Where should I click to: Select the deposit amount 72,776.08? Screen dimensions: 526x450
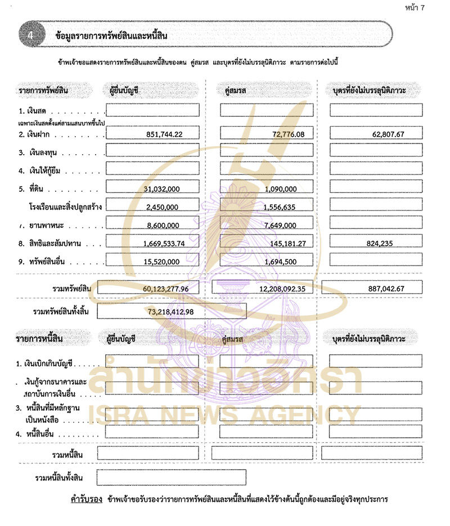tap(280, 134)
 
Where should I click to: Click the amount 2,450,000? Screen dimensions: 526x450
tap(162, 208)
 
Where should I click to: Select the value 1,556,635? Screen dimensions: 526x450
tap(280, 208)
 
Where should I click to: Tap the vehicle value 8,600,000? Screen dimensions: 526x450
tap(162, 226)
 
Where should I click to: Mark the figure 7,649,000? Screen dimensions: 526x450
tap(280, 226)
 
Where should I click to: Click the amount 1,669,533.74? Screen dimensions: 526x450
tap(162, 244)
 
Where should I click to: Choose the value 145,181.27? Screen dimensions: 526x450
tap(280, 244)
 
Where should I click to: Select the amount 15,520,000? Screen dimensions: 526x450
tap(162, 262)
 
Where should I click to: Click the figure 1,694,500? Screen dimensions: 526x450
tap(280, 262)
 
